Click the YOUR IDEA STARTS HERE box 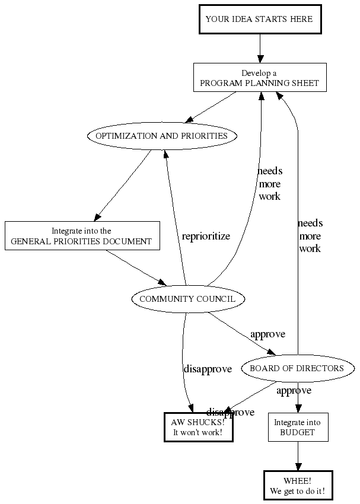[259, 19]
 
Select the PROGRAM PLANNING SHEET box [260, 78]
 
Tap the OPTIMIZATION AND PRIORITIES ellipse [161, 136]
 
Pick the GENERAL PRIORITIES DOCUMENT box [82, 236]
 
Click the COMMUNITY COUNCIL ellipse [187, 299]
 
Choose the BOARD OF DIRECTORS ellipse [297, 368]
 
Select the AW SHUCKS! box [198, 427]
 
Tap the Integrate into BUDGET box [297, 428]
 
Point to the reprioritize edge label [206, 236]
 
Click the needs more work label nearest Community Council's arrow [269, 183]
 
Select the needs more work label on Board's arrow [310, 236]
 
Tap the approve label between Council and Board [267, 334]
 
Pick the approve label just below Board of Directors [294, 391]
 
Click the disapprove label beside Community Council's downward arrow [207, 369]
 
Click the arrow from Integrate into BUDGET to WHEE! [297, 457]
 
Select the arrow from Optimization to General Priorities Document [123, 184]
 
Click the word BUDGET [297, 433]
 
